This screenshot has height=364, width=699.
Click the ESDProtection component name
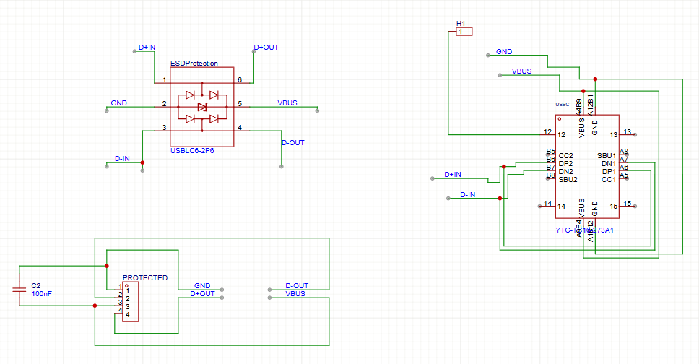[x=194, y=64]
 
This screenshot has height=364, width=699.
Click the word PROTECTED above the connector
[x=145, y=277]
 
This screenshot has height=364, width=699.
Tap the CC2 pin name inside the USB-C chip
[x=565, y=155]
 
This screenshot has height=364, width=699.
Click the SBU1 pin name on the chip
[x=607, y=155]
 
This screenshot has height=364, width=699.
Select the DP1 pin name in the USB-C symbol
[x=609, y=171]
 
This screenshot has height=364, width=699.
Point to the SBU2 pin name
[x=568, y=179]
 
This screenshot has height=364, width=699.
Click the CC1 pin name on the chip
[x=609, y=179]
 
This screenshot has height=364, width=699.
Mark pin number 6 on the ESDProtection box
[x=240, y=79]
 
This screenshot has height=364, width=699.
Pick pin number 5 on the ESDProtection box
[x=240, y=104]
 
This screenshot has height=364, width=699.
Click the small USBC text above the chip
[x=563, y=103]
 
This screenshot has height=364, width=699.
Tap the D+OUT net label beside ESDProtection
[x=266, y=48]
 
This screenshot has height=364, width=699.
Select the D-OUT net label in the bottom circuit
[x=297, y=285]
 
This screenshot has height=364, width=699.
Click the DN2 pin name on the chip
[x=565, y=171]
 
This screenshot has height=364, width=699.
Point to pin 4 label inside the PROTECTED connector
[x=128, y=315]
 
